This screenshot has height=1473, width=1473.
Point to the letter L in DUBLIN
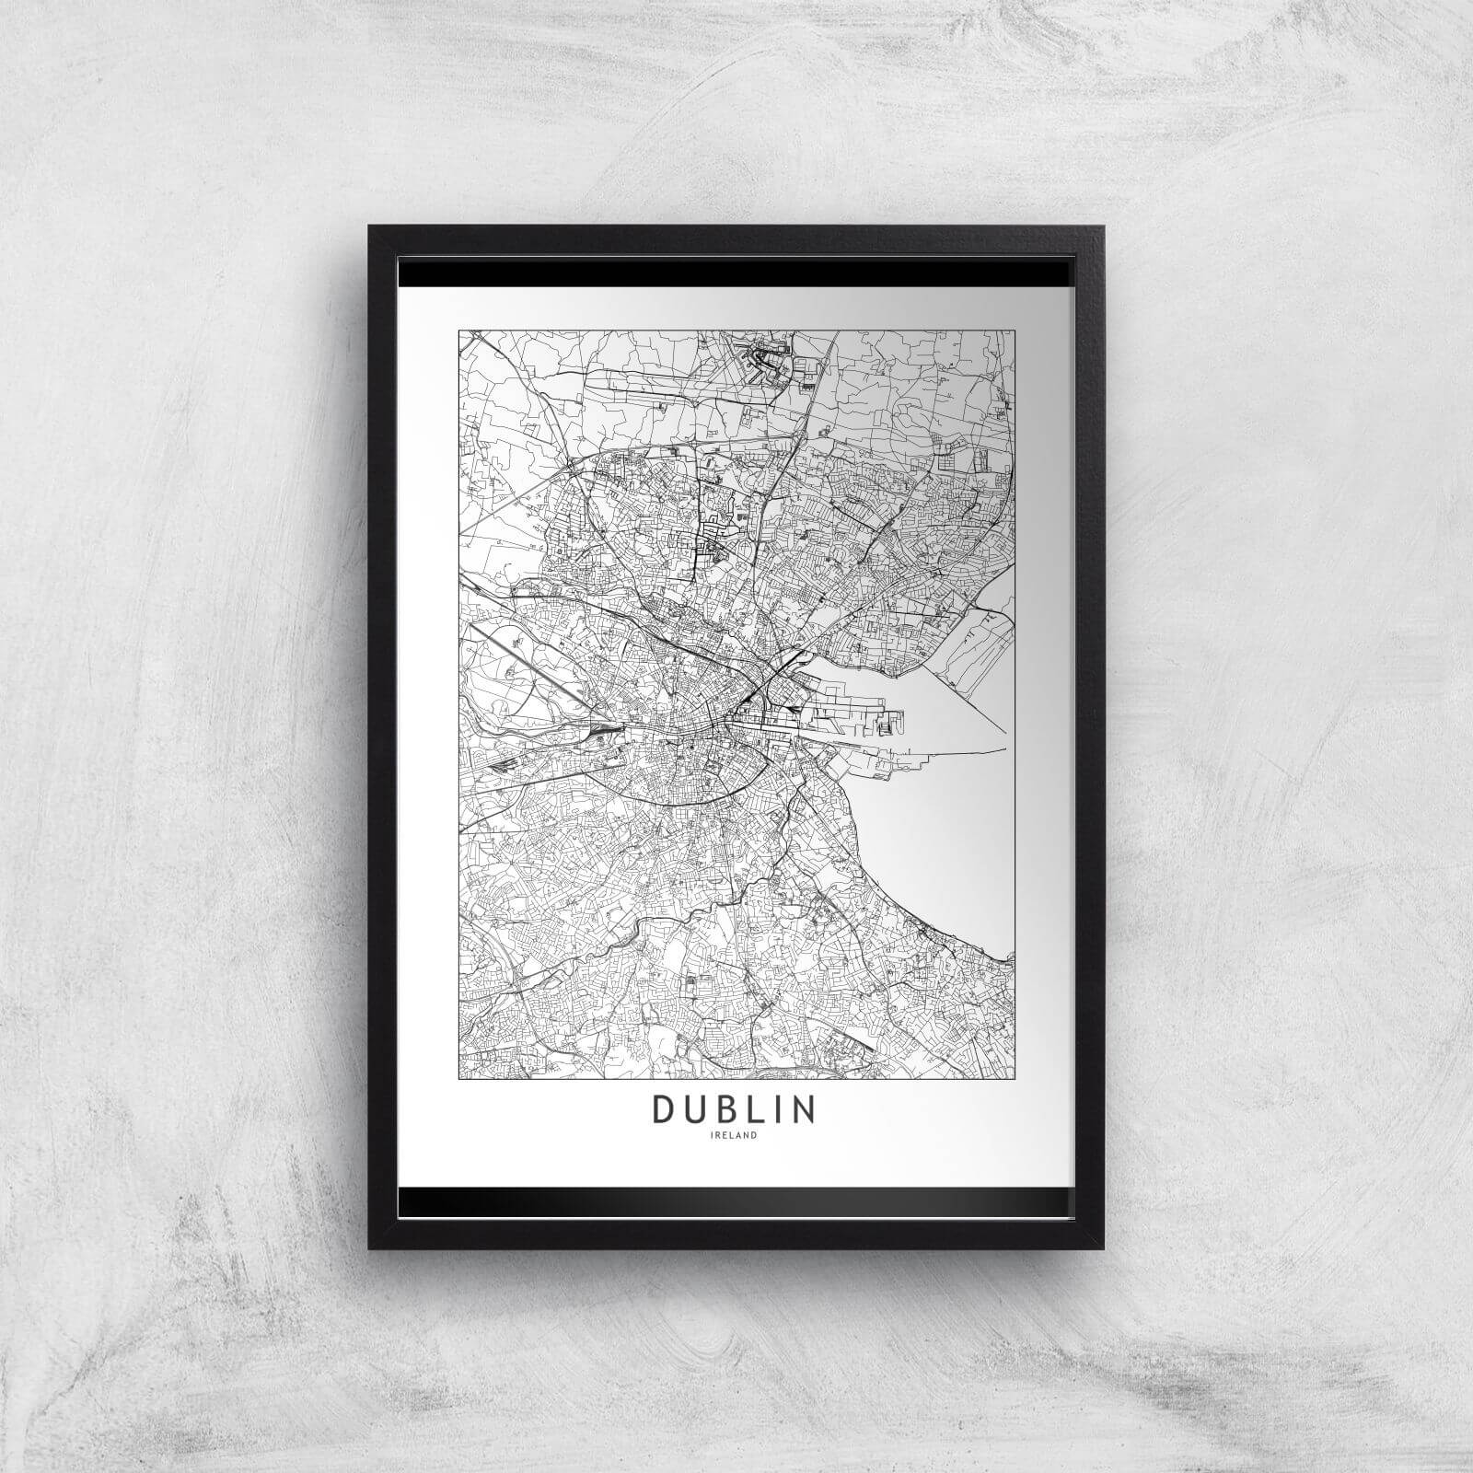point(762,1109)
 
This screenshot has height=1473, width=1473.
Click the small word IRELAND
point(734,1135)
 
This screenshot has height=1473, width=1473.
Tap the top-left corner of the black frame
point(371,228)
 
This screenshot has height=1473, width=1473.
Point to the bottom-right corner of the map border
point(1013,1076)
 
